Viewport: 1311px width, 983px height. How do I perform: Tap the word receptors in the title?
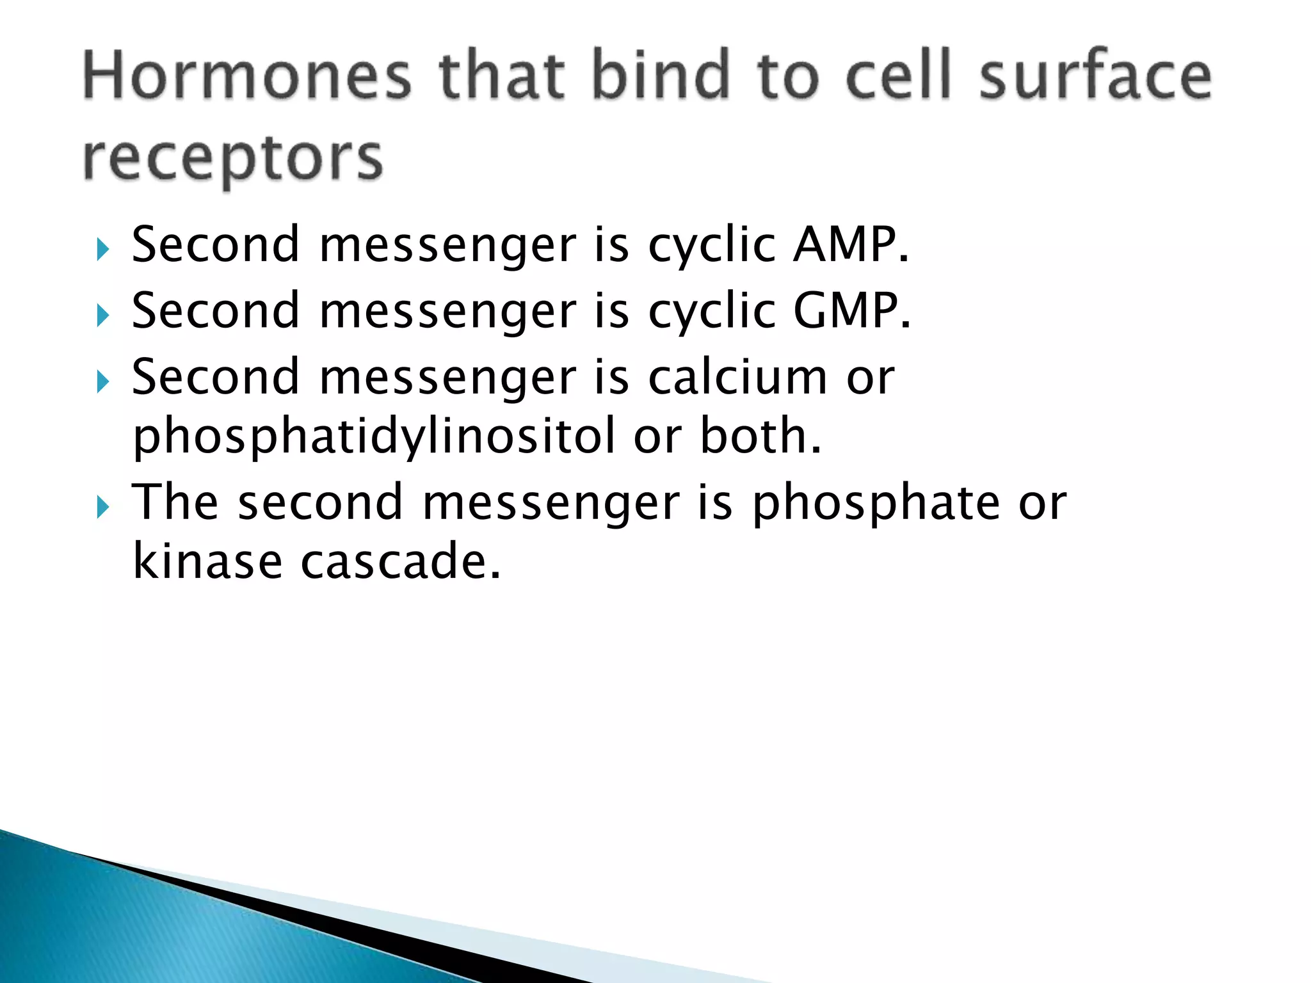pos(233,159)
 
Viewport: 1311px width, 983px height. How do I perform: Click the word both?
pos(760,436)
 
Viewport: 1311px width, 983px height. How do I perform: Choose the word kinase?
pos(207,561)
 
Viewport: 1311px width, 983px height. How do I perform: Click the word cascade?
pos(400,561)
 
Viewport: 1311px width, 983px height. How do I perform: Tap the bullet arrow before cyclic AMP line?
pos(102,249)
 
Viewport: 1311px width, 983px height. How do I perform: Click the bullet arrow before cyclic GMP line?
pos(102,316)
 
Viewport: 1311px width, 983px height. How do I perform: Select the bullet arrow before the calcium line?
pos(102,382)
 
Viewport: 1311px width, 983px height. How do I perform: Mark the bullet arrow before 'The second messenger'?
pos(102,507)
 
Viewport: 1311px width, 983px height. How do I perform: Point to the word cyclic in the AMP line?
pos(712,246)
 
